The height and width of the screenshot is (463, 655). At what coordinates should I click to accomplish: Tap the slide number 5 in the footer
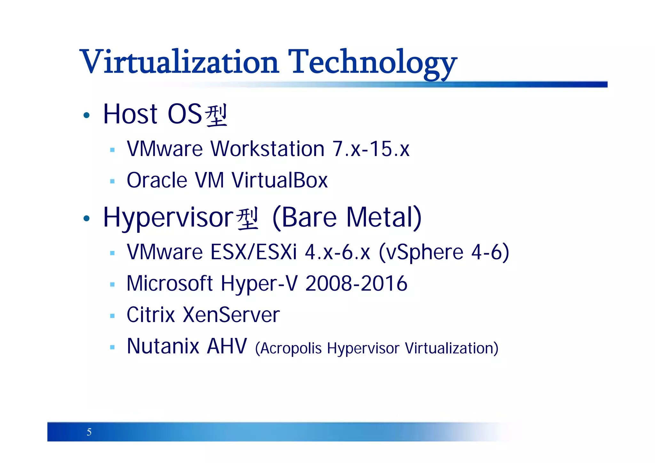pyautogui.click(x=89, y=432)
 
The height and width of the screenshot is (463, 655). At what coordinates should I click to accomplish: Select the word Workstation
pyautogui.click(x=267, y=149)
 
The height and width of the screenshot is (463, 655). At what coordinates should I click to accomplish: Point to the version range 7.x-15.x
pyautogui.click(x=371, y=149)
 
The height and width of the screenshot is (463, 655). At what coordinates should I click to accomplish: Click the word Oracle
pyautogui.click(x=157, y=180)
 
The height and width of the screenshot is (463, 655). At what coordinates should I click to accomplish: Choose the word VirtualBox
pyautogui.click(x=280, y=180)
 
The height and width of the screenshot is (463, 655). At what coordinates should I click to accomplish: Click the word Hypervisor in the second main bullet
pyautogui.click(x=168, y=218)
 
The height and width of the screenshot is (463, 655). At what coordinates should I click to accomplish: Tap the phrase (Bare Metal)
pyautogui.click(x=347, y=218)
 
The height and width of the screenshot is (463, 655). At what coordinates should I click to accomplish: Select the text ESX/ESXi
pyautogui.click(x=254, y=252)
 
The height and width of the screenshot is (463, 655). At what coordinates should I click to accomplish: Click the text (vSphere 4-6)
pyautogui.click(x=444, y=253)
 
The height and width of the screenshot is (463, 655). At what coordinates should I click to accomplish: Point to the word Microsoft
pyautogui.click(x=170, y=284)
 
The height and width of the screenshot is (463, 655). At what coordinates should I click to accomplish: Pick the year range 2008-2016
pyautogui.click(x=356, y=284)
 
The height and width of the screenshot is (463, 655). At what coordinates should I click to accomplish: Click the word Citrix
pyautogui.click(x=151, y=315)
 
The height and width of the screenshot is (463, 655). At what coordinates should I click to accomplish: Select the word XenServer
pyautogui.click(x=231, y=315)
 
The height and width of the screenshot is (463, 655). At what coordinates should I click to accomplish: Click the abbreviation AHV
pyautogui.click(x=227, y=346)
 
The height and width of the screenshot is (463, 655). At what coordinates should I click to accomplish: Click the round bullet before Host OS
pyautogui.click(x=86, y=115)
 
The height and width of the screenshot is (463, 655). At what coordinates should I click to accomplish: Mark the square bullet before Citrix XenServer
pyautogui.click(x=112, y=316)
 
